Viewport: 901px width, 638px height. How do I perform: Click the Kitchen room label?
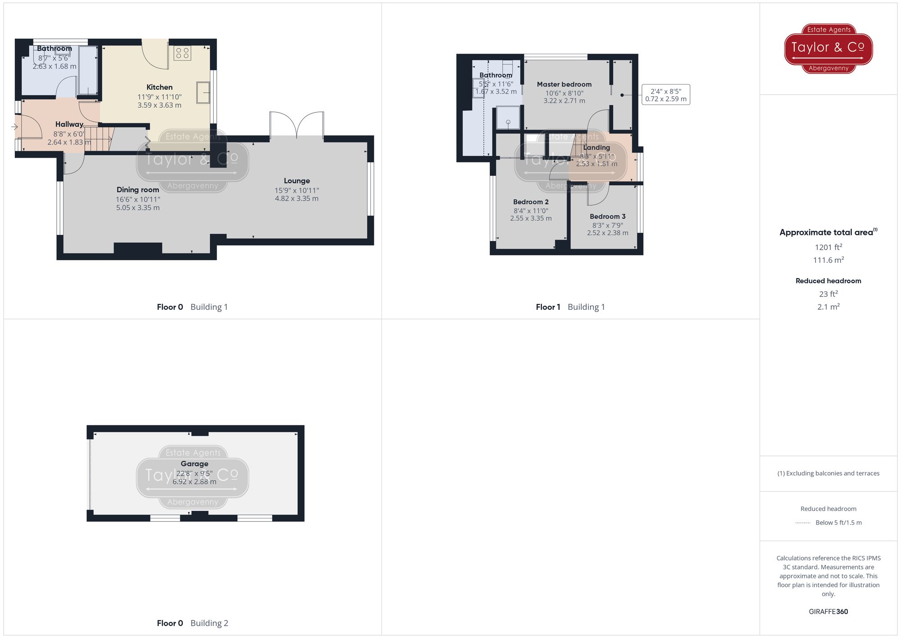[159, 87]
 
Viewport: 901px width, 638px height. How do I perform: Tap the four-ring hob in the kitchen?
[182, 53]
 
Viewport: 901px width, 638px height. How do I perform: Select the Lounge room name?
[296, 181]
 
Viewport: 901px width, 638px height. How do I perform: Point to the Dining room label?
[138, 190]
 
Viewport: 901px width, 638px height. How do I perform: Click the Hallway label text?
[69, 124]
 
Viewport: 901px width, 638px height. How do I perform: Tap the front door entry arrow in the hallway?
[14, 127]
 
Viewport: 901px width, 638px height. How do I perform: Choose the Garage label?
[194, 464]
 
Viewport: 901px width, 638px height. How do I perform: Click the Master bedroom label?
[564, 84]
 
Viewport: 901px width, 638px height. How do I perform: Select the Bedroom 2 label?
[531, 202]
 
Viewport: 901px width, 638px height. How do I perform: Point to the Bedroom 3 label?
[607, 216]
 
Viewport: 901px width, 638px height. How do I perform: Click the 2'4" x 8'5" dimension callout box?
[666, 95]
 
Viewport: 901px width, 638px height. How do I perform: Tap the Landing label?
[596, 147]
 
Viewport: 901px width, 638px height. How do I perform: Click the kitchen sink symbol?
[203, 92]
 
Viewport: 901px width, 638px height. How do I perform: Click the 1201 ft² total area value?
[828, 247]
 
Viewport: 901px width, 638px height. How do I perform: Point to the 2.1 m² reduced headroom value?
[828, 307]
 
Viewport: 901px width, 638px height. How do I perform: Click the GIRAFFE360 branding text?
[828, 611]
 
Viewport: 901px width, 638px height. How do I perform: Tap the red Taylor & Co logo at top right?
[828, 48]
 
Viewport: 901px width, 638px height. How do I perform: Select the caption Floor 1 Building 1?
[570, 307]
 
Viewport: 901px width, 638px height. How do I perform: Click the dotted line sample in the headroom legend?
[803, 523]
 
